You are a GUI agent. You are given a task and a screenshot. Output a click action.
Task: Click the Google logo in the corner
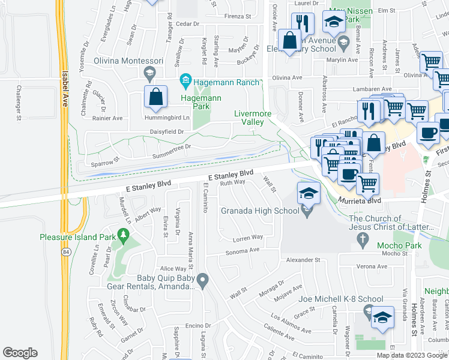click(x=20, y=353)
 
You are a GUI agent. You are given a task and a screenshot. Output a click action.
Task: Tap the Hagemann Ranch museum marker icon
click(x=185, y=80)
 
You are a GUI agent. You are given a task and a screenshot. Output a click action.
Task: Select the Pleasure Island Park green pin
click(x=124, y=237)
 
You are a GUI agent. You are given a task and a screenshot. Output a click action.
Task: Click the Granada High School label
click(x=260, y=211)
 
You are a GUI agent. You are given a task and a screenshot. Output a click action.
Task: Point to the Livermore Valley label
click(x=253, y=118)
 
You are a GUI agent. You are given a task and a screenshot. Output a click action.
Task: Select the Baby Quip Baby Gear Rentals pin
click(x=203, y=280)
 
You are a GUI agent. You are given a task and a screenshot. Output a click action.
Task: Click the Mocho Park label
click(x=393, y=245)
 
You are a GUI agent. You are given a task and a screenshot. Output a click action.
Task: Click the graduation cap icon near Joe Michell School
click(x=382, y=318)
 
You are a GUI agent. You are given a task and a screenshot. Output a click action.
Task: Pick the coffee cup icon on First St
click(x=427, y=133)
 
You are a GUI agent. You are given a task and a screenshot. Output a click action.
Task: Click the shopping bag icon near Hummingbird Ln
click(x=155, y=98)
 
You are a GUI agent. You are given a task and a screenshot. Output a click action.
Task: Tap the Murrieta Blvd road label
click(x=360, y=200)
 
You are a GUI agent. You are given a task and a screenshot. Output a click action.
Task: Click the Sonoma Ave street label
click(x=241, y=250)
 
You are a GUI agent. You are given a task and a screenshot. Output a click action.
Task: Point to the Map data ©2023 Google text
click(x=411, y=355)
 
